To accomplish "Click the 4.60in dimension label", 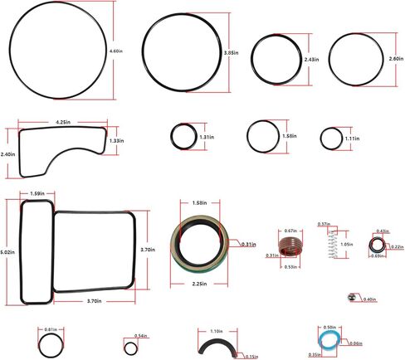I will point(115,51).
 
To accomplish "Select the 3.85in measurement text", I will point(232,53).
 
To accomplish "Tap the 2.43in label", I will point(312,60).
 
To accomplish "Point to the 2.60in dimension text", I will point(397,59).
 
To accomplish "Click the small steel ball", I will point(351,298).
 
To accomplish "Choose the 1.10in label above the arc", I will point(217,330).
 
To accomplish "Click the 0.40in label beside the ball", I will point(369,299).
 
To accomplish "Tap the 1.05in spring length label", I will point(347,245).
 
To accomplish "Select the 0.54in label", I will point(139,335).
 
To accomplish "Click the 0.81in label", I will point(50,329).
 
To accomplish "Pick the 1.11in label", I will point(352,139).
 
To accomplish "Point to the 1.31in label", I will point(207,137).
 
